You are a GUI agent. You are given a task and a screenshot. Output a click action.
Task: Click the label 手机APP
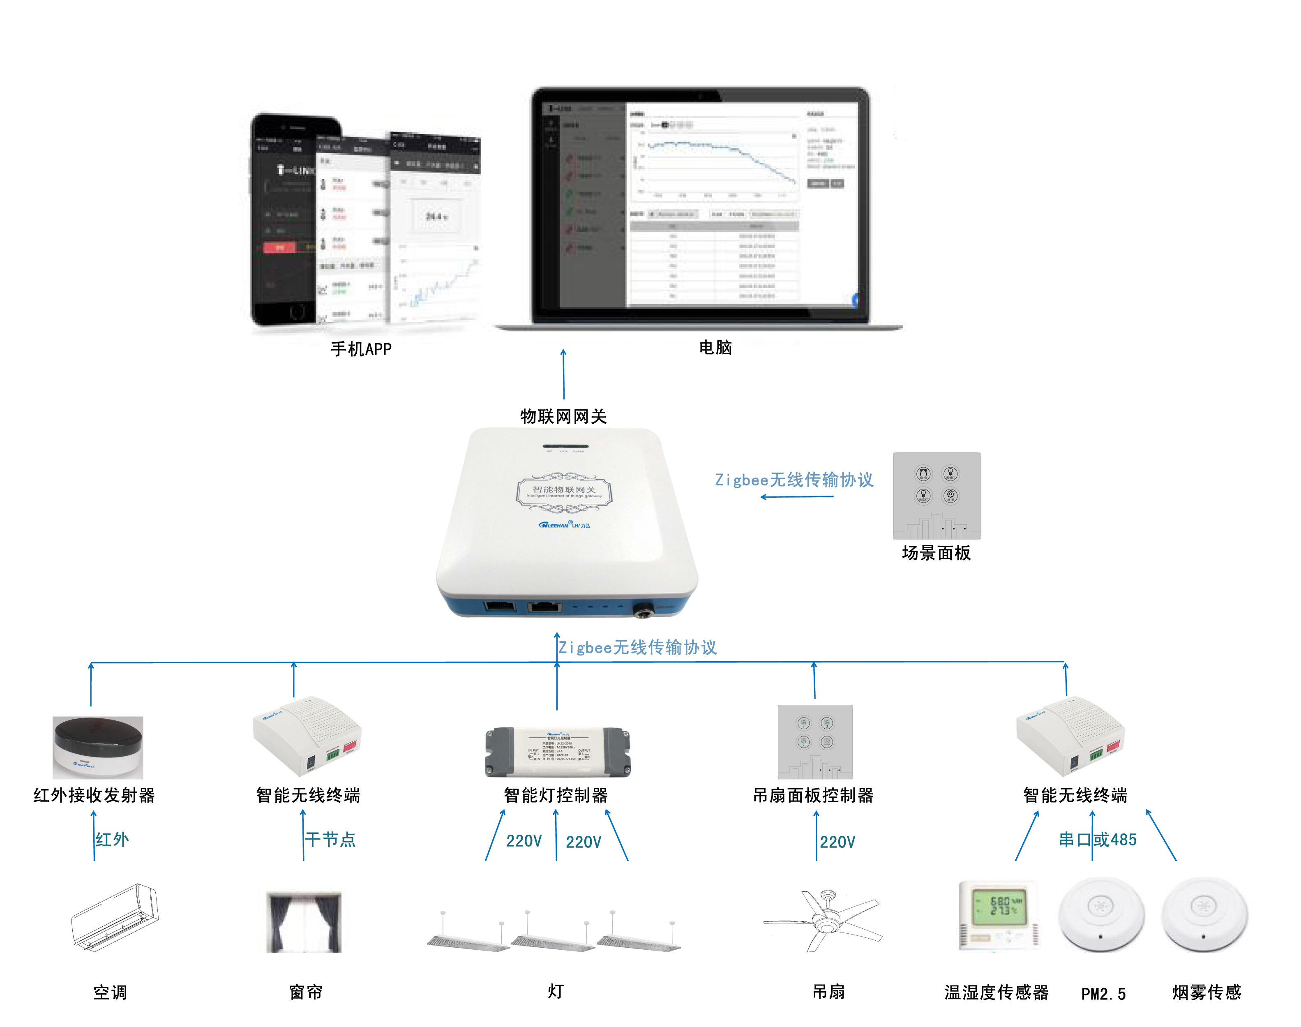point(361,349)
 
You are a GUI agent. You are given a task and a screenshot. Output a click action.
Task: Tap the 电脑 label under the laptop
point(715,348)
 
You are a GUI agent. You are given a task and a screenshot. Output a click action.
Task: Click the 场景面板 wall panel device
point(936,496)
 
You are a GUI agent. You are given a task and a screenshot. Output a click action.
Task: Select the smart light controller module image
point(558,752)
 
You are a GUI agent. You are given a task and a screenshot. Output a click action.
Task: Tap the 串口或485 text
point(1097,840)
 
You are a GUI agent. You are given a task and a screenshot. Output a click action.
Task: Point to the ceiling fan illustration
point(824,920)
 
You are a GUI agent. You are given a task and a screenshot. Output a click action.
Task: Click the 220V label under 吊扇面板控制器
point(837,842)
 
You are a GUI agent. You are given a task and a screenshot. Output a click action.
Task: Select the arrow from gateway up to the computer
point(563,374)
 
